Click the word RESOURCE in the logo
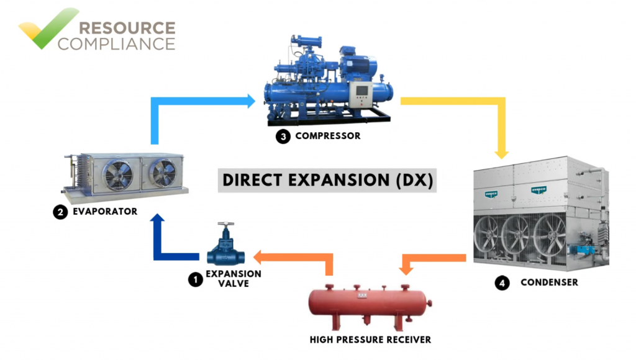[x=127, y=28]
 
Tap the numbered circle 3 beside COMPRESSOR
[x=283, y=137]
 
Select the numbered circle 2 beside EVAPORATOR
[x=60, y=212]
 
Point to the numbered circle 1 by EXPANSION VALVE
[x=196, y=279]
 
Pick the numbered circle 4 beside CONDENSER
[x=502, y=283]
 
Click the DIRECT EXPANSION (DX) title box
[x=327, y=180]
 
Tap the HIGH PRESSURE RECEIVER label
[x=370, y=340]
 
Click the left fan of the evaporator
[x=117, y=175]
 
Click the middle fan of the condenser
[x=517, y=235]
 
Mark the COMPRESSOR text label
[x=328, y=136]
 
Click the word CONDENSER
[x=549, y=282]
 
